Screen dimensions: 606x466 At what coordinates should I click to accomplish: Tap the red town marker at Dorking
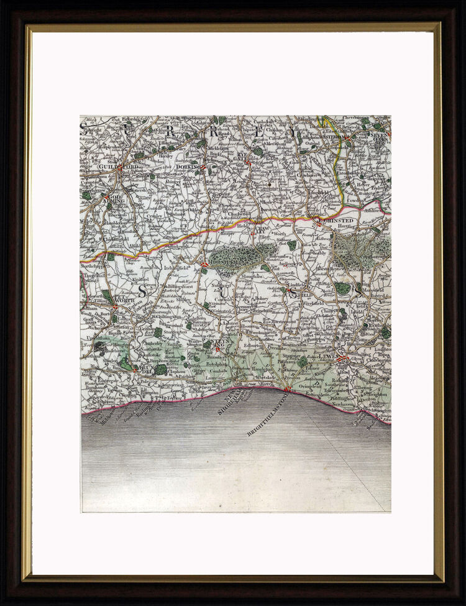point(203,167)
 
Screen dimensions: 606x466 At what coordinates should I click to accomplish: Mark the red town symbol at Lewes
point(341,358)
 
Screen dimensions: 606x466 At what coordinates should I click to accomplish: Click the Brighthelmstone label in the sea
point(267,413)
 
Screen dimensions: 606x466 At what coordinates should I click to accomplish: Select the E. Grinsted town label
point(337,221)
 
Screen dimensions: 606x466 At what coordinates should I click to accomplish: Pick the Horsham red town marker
point(204,265)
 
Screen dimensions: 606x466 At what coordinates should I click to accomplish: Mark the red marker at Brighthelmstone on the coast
point(286,390)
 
